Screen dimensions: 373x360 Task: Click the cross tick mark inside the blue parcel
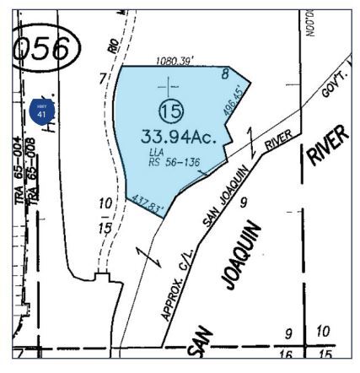click(169, 85)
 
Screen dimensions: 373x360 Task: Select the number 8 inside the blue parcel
click(225, 74)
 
